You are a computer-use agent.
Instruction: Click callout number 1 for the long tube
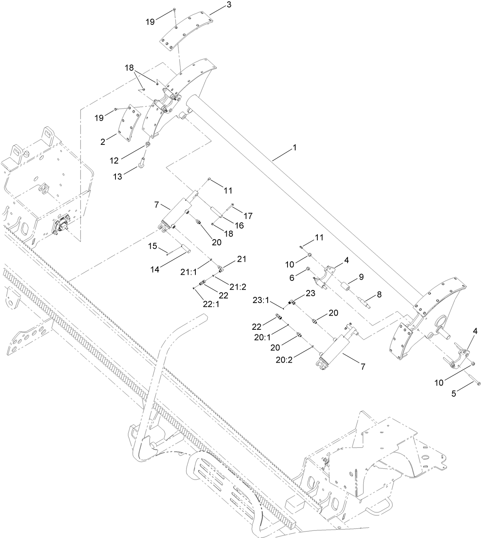click(294, 147)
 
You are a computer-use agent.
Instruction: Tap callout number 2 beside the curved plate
click(103, 142)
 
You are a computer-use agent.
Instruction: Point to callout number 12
click(114, 161)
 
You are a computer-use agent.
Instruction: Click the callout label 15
click(152, 246)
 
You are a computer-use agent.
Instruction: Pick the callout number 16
click(239, 225)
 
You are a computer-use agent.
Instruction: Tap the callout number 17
click(248, 216)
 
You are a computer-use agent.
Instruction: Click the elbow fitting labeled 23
click(291, 302)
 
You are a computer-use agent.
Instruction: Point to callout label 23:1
click(262, 300)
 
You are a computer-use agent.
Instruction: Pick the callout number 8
click(379, 295)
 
